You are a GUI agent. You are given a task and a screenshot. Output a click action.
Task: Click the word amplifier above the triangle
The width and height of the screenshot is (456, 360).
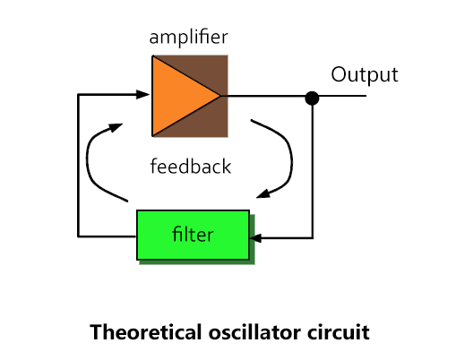[188, 38]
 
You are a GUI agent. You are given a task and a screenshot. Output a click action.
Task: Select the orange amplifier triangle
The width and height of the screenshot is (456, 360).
[176, 96]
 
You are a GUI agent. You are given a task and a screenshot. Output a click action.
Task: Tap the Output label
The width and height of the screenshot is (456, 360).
[365, 75]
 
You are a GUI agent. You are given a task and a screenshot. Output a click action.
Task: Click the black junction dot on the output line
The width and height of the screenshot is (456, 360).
[312, 99]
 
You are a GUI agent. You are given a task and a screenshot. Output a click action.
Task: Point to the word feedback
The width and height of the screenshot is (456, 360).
[191, 166]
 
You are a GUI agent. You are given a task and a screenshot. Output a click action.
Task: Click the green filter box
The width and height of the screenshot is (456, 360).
[193, 235]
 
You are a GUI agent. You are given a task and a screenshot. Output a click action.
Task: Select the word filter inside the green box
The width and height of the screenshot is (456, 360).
[193, 235]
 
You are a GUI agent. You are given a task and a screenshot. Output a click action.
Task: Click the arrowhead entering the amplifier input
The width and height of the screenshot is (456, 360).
[142, 94]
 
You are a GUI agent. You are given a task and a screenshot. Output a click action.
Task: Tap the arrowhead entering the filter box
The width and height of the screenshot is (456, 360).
[255, 238]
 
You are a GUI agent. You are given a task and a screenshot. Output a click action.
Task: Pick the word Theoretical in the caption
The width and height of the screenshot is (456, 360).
[146, 332]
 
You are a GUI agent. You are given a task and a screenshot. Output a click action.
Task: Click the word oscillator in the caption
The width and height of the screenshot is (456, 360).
[254, 332]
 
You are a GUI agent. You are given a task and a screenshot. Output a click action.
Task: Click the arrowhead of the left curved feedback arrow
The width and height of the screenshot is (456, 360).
[116, 127]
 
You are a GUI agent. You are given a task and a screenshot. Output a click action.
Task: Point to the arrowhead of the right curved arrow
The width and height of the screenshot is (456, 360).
[263, 193]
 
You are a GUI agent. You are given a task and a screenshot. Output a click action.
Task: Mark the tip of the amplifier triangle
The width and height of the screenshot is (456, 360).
[220, 96]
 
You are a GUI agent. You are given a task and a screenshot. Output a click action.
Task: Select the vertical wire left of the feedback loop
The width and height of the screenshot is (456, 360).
[78, 166]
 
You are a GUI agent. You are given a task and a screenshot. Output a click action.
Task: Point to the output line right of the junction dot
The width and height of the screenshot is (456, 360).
[343, 96]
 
